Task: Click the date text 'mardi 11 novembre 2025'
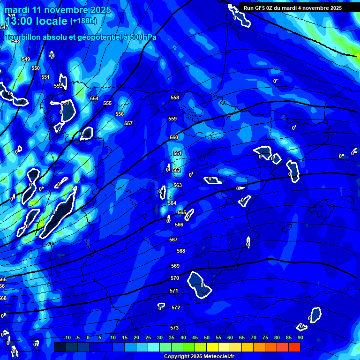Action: click(x=59, y=10)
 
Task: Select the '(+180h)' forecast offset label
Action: click(x=83, y=21)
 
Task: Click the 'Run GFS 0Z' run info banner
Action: click(x=292, y=8)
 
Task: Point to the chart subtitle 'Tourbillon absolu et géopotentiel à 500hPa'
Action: click(x=81, y=37)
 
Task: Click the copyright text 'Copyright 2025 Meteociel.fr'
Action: click(x=199, y=357)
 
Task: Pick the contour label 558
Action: click(x=175, y=98)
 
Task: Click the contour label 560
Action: click(x=174, y=138)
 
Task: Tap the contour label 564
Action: click(x=172, y=203)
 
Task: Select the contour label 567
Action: click(x=173, y=240)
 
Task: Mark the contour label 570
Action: click(x=175, y=278)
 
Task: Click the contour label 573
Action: click(x=174, y=328)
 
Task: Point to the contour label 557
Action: click(x=128, y=123)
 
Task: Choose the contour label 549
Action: click(x=26, y=59)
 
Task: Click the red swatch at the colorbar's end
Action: click(x=294, y=347)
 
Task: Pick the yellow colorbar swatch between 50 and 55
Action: click(x=212, y=347)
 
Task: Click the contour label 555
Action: click(x=107, y=104)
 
